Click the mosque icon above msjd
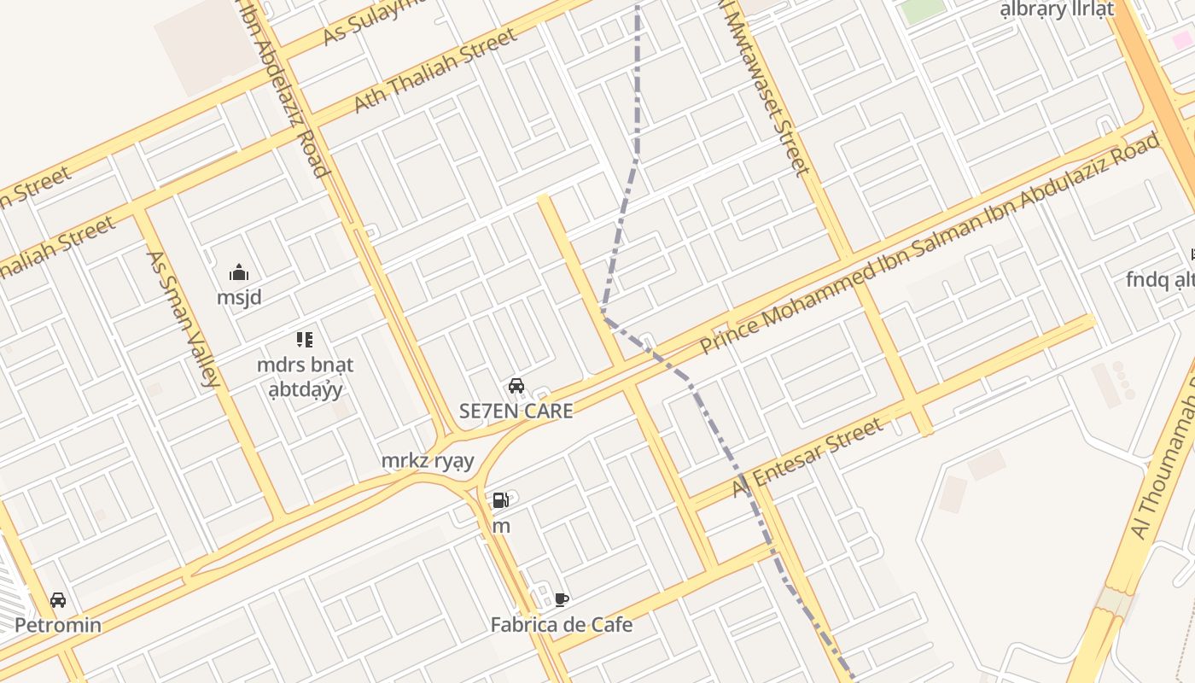239,273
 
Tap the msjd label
239,298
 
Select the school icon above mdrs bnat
305,340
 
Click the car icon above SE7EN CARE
516,386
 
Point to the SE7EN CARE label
516,411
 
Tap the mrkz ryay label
427,461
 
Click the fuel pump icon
501,500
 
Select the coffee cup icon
561,599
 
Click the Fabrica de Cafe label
562,625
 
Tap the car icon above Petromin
58,600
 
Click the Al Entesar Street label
807,458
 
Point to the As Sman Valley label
184,318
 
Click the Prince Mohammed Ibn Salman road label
930,243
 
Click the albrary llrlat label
1057,9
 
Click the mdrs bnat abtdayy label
305,377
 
